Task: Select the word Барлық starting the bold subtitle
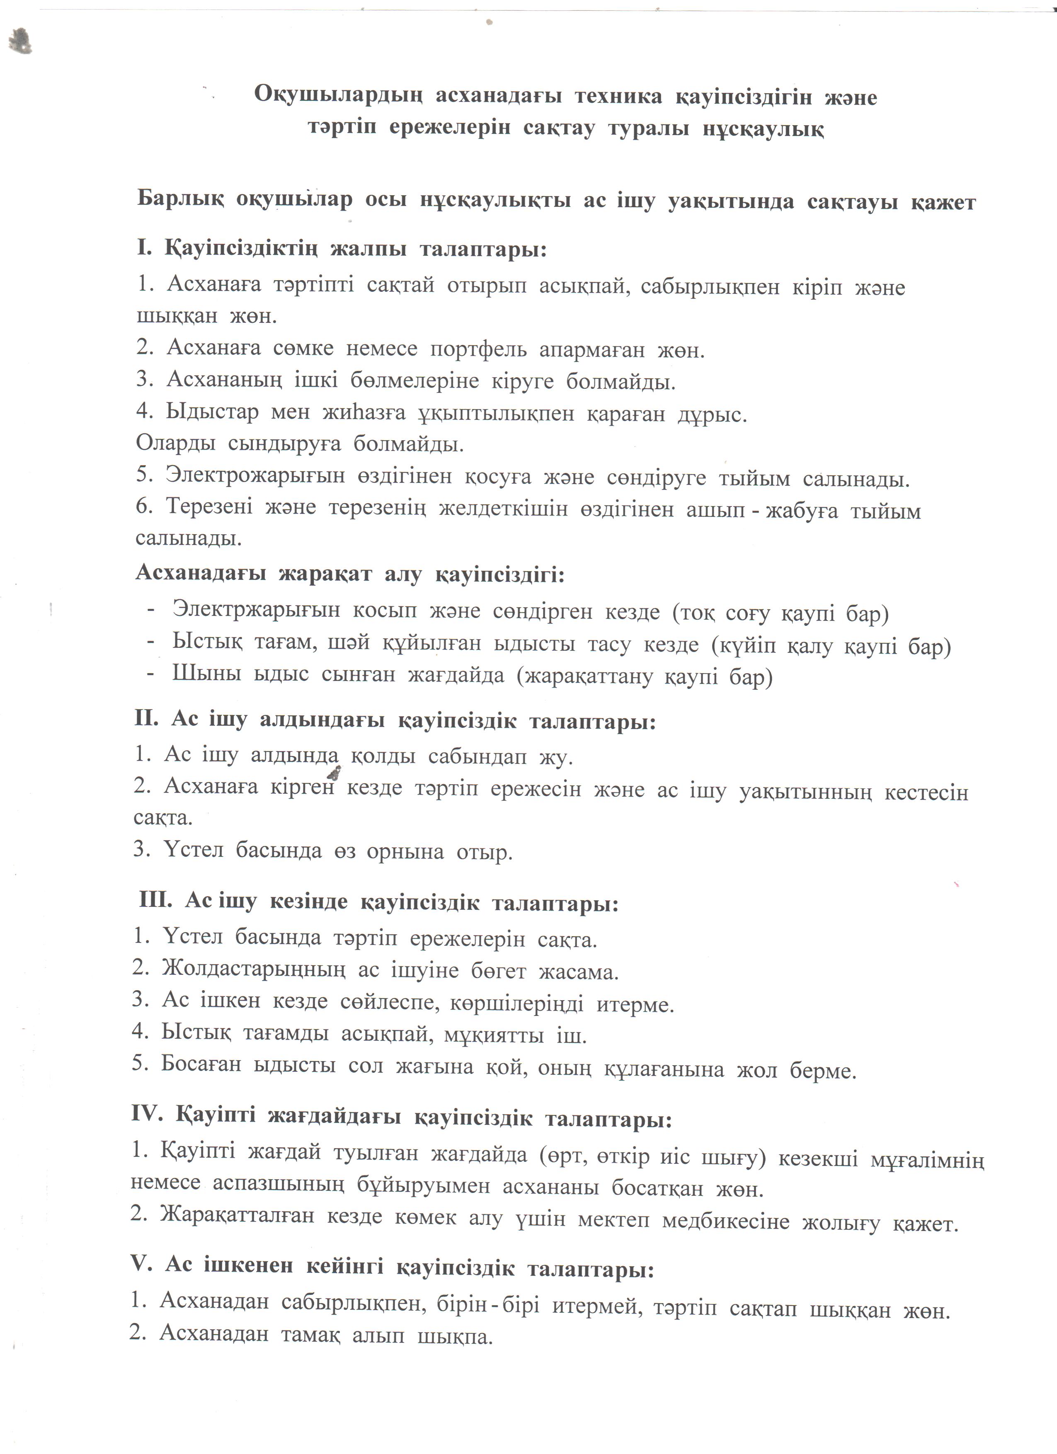click(180, 199)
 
